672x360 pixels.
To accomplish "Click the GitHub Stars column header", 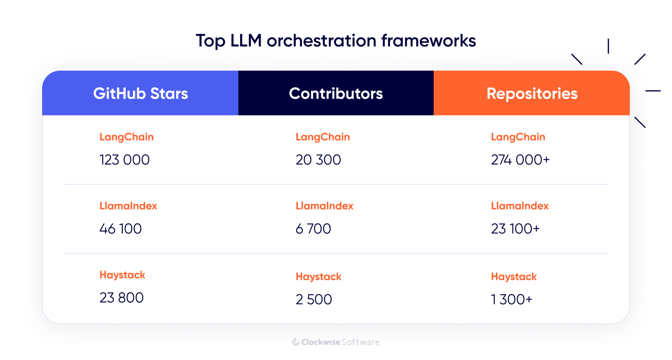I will [x=140, y=94].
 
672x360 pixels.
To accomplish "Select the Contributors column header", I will [x=336, y=94].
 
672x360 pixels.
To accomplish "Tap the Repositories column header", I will [x=532, y=94].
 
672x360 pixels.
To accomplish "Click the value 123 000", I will [x=125, y=160].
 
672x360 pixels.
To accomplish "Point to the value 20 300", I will [x=318, y=160].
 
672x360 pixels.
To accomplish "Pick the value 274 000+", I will [x=520, y=160].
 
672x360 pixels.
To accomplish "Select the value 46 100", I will [x=121, y=229].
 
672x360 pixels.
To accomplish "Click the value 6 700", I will [x=313, y=229].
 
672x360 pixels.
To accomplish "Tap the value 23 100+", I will [x=515, y=229].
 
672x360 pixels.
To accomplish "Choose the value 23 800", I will [x=121, y=298].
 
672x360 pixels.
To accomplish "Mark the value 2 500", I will [x=314, y=300].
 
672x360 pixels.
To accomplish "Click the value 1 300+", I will [x=512, y=300].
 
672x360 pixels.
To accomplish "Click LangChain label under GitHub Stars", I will [x=126, y=137].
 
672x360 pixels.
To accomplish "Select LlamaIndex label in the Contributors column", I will [x=324, y=206].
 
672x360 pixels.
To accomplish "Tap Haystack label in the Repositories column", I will [x=513, y=277].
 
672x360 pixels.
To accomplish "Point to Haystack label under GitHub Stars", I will [x=122, y=275].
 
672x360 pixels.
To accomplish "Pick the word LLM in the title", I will [x=246, y=41].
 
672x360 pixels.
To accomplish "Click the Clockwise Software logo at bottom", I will [x=336, y=342].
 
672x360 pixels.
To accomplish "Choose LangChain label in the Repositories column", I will [x=518, y=137].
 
